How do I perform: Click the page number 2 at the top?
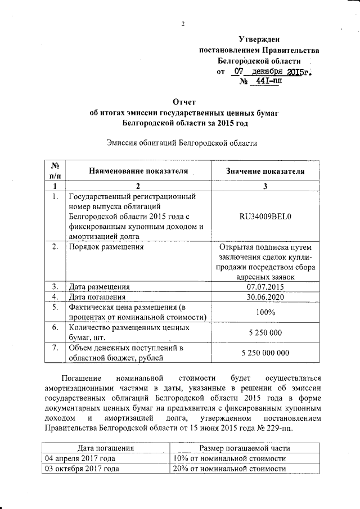183,23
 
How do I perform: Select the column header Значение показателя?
265,171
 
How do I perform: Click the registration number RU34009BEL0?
265,216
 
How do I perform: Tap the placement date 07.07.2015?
265,286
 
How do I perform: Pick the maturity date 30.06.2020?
265,296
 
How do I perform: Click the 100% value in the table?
265,312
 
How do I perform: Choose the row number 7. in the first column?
55,348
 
